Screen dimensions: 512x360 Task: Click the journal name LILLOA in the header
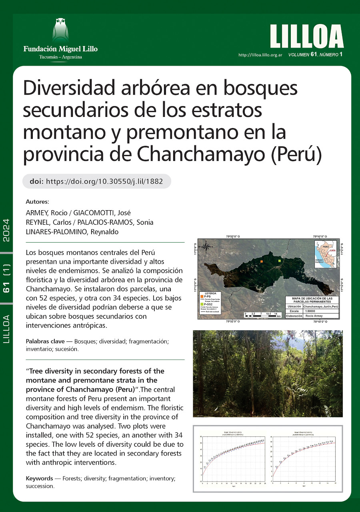click(x=307, y=37)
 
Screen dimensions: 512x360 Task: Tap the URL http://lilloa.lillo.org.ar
click(x=260, y=55)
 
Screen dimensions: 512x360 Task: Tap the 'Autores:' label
click(x=37, y=201)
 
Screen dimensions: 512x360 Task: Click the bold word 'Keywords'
click(x=39, y=478)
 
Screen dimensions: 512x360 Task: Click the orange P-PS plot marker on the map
click(x=261, y=261)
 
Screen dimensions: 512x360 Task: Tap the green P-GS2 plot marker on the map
click(x=280, y=261)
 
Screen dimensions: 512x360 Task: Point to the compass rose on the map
click(x=206, y=247)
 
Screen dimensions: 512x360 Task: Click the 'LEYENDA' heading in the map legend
click(x=210, y=293)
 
